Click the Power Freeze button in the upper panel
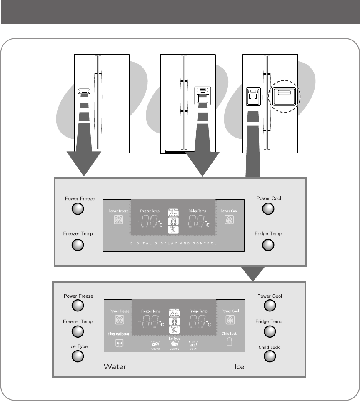[x=78, y=209]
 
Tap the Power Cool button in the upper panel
[x=268, y=209]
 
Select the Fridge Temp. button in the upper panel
[x=268, y=245]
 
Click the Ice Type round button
[x=78, y=356]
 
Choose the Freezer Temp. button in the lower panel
[x=78, y=332]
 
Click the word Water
[x=115, y=367]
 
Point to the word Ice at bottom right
[x=239, y=367]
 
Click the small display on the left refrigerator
[x=84, y=91]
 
